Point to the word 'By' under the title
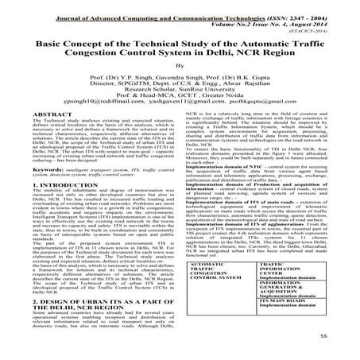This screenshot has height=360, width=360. [x=179, y=68]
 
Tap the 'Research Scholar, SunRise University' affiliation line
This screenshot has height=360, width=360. [x=179, y=98]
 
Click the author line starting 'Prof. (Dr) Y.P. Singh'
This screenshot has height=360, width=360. [x=179, y=83]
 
